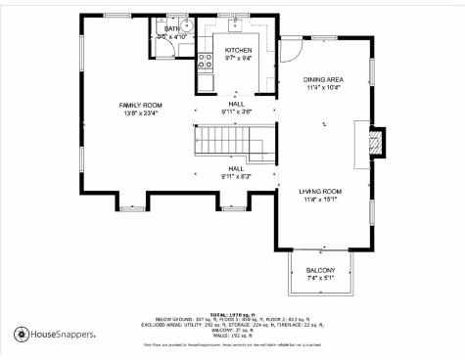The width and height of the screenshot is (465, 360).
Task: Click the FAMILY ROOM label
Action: [x=140, y=105]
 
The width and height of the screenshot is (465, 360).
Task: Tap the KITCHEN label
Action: [x=238, y=50]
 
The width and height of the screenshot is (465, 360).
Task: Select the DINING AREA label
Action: [x=323, y=79]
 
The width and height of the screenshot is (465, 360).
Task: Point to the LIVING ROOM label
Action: [x=320, y=191]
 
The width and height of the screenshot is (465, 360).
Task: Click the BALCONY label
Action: [x=320, y=270]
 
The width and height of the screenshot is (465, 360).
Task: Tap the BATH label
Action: [x=172, y=29]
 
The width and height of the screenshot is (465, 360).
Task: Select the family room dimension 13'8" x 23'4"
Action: [x=140, y=112]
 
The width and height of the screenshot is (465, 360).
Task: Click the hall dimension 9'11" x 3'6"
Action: [x=237, y=112]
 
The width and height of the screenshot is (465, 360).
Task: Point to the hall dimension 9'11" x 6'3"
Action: [x=237, y=176]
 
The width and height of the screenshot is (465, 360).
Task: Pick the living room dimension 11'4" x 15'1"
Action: [x=320, y=200]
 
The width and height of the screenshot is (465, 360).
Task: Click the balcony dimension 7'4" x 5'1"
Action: [x=320, y=279]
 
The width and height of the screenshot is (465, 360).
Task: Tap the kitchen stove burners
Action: [x=206, y=63]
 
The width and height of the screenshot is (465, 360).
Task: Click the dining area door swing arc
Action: [x=291, y=48]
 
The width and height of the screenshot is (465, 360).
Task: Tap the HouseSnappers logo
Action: [x=55, y=335]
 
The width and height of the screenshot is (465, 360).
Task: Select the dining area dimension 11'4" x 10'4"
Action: [x=323, y=88]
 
